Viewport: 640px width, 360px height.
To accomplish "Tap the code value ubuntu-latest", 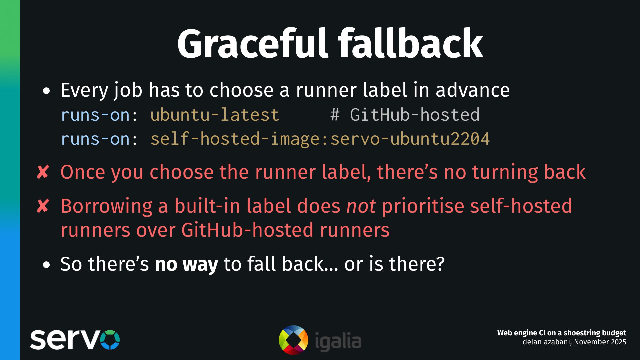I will pos(215,115).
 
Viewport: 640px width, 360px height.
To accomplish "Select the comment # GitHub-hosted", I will pos(405,115).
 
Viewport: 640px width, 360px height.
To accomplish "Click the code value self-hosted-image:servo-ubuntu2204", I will pos(320,139).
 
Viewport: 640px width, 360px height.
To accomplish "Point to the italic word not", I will pos(361,206).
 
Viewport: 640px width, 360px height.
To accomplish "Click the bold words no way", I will pos(186,264).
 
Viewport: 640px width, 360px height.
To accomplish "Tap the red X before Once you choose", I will pos(43,172).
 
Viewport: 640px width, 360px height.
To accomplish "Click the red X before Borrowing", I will pos(43,206).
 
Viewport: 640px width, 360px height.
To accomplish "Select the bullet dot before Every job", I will pos(46,91).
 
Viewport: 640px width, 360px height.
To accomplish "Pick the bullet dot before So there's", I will pos(46,265).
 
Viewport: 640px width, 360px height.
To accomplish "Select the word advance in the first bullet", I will pos(473,90).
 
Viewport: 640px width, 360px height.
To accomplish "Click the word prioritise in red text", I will pos(423,206).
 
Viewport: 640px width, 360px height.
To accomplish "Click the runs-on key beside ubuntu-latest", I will pos(95,115).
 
